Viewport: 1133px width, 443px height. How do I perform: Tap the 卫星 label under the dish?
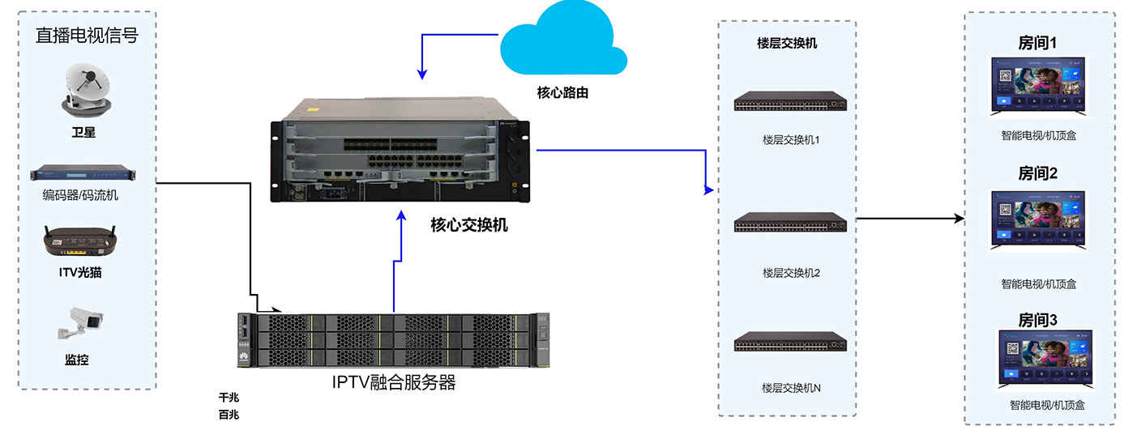coord(83,133)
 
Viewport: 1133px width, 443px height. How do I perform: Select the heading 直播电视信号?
coord(86,36)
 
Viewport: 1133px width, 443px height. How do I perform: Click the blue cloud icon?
coord(562,40)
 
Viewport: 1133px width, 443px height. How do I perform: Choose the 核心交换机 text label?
coord(469,225)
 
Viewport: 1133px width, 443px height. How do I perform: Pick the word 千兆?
coord(229,398)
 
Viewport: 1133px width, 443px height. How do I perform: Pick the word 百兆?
coord(229,415)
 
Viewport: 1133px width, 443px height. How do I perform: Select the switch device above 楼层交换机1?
coord(790,101)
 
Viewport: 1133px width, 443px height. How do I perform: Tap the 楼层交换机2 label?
coord(791,273)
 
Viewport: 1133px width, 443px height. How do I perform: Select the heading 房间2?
coord(1038,173)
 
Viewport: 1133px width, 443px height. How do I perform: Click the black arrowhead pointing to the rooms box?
coord(960,219)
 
